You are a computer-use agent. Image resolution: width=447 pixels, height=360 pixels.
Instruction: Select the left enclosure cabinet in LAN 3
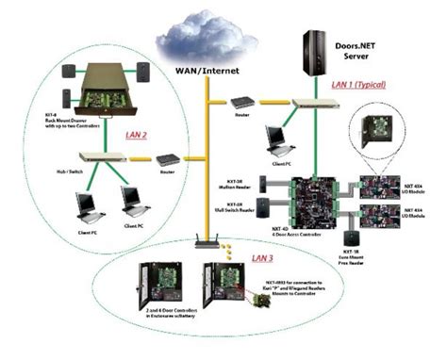coord(164,301)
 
